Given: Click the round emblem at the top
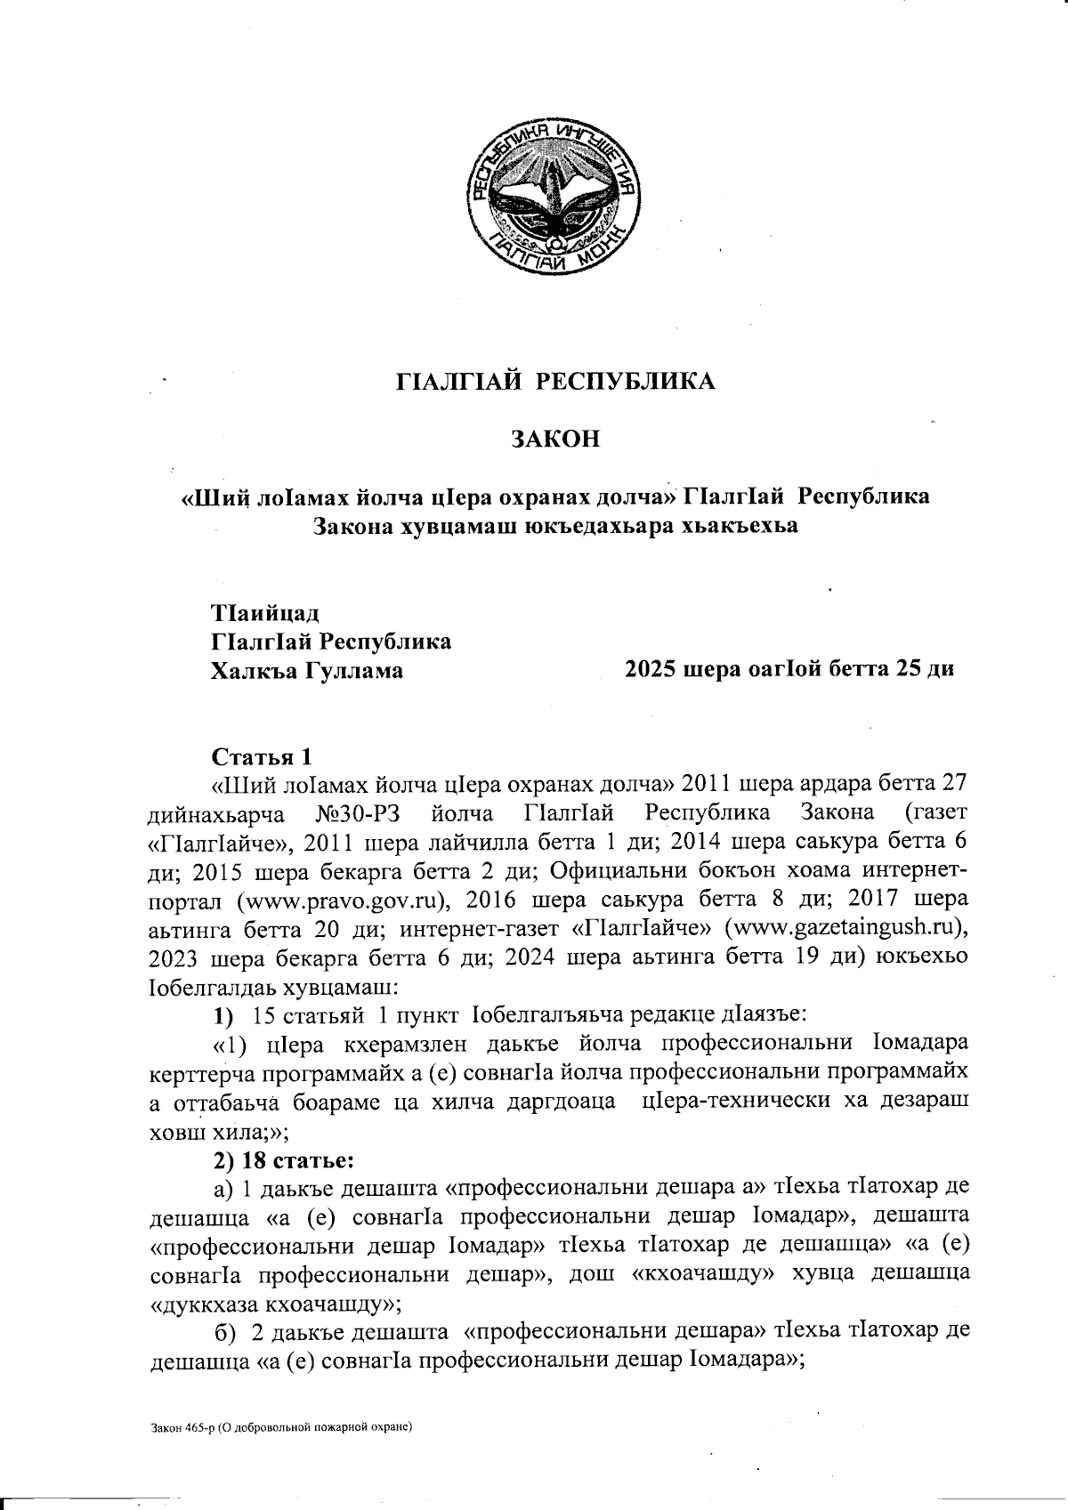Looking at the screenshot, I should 555,201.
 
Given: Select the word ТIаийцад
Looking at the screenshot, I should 264,614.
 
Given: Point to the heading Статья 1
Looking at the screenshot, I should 263,757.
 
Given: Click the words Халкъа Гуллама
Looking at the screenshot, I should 306,670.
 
